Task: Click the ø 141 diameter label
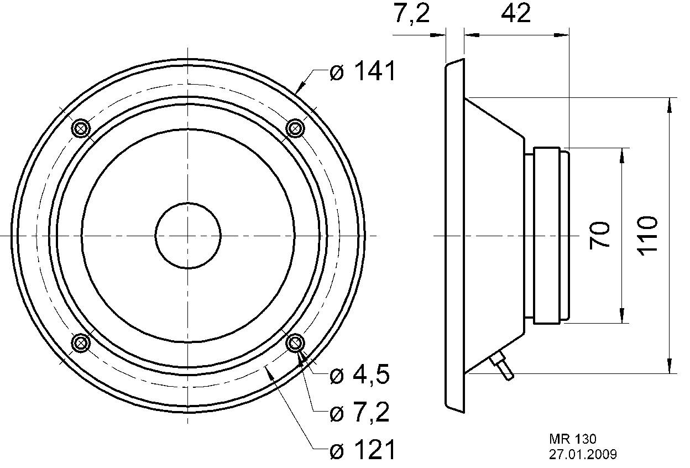pyautogui.click(x=362, y=72)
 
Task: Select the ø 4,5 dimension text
pyautogui.click(x=359, y=376)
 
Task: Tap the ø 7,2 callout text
pyautogui.click(x=359, y=413)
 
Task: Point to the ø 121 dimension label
pyautogui.click(x=362, y=451)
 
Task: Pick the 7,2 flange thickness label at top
pyautogui.click(x=411, y=13)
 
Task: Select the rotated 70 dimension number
pyautogui.click(x=600, y=235)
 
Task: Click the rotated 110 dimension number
pyautogui.click(x=647, y=235)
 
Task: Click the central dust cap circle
pyautogui.click(x=189, y=236)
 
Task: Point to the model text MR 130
pyautogui.click(x=572, y=439)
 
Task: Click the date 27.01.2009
pyautogui.click(x=583, y=454)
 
